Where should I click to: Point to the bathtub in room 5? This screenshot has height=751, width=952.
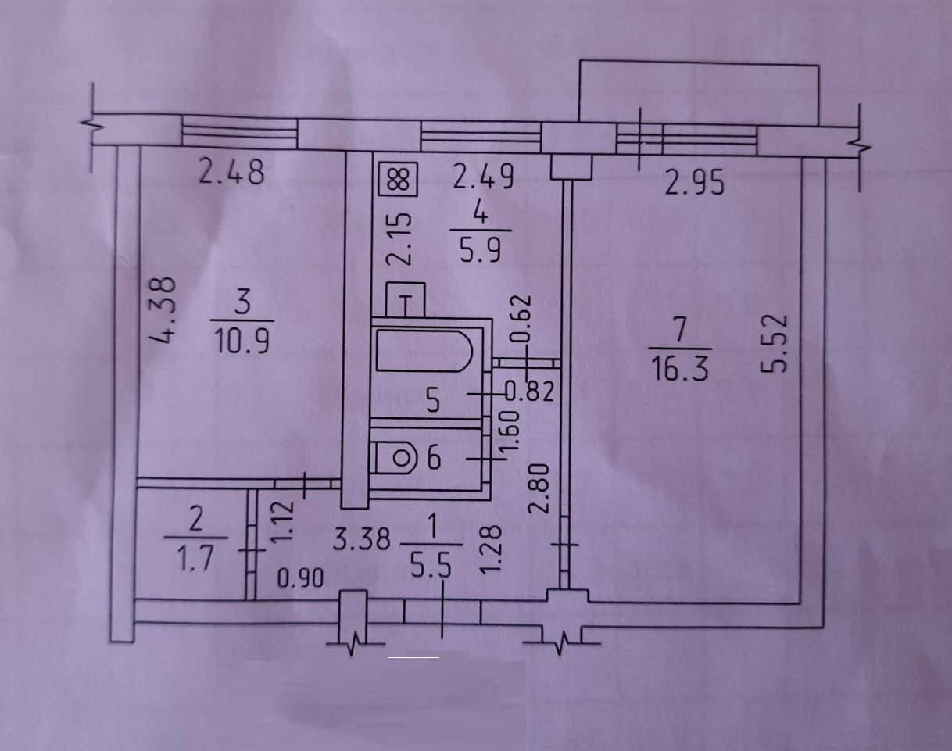[424, 352]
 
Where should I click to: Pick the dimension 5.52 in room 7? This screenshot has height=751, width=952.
[773, 344]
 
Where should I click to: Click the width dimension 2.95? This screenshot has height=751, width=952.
[695, 184]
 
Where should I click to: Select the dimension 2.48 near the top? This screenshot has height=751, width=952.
[231, 172]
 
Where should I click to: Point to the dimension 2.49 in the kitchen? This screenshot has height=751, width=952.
[484, 177]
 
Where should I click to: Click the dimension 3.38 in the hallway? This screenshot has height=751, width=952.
[360, 539]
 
